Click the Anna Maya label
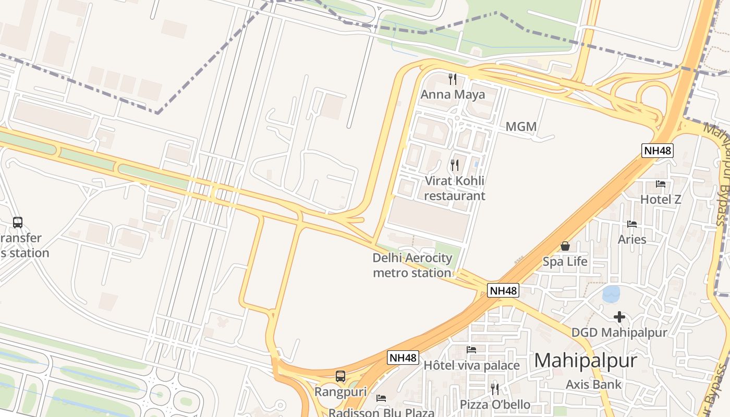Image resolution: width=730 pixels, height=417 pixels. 453,94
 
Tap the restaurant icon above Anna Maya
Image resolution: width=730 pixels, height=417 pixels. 453,79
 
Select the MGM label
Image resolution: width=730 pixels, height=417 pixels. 521,127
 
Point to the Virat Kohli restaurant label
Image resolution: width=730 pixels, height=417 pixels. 454,188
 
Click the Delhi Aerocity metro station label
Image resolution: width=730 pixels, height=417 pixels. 412,265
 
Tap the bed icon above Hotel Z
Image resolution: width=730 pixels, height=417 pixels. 661,184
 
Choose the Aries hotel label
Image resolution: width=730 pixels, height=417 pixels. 632,239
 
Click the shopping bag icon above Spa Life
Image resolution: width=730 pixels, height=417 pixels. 565,246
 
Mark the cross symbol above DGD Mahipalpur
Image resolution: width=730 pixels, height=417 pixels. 619,317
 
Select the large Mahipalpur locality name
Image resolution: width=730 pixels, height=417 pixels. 586,361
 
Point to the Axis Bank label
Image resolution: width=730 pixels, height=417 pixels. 594,385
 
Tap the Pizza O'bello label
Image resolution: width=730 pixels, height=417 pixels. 495,404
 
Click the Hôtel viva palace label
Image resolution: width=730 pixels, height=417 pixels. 471,365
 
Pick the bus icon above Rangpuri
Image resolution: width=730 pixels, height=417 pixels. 340,376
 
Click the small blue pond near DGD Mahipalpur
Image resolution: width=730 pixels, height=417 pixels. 611,294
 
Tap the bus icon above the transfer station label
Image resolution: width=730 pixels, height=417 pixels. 17,223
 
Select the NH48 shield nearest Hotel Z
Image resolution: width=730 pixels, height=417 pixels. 658,151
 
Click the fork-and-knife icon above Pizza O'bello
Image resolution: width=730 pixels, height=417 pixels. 495,389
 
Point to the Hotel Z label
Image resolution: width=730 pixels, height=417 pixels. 661,199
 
